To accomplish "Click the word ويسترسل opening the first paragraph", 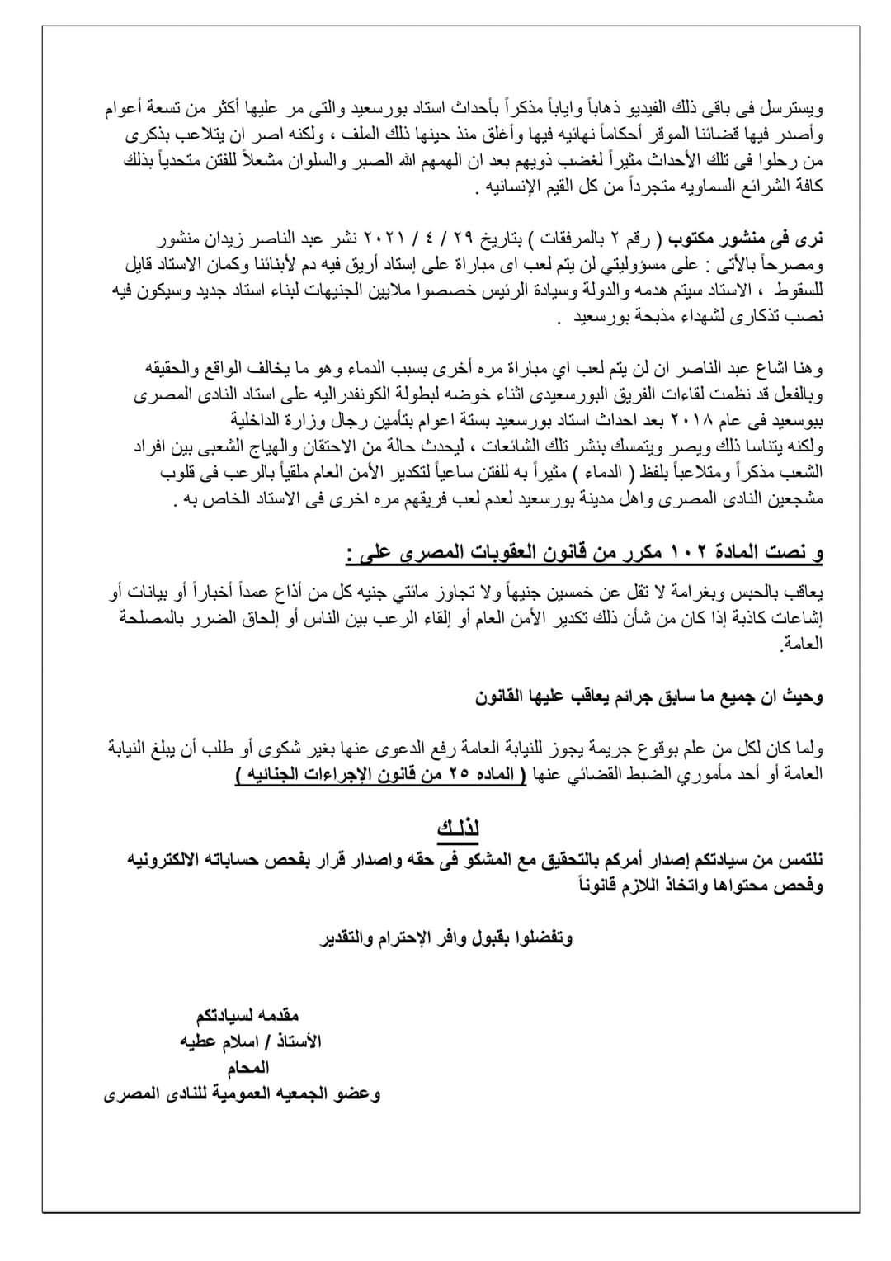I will pos(796,108).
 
